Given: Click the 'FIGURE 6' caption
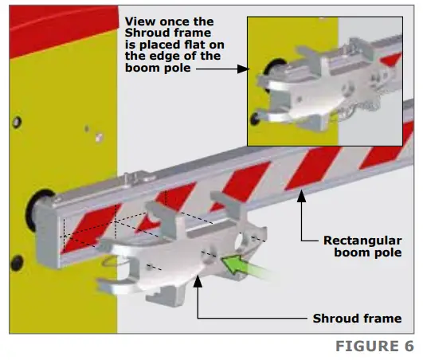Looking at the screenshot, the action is (374, 346).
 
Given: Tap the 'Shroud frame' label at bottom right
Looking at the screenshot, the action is (357, 319).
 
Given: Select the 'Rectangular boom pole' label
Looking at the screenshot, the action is (362, 246).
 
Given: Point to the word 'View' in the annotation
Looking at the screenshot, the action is (139, 22).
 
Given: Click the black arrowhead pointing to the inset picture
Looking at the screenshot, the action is (243, 69).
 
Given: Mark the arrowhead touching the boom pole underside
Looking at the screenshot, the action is (301, 196).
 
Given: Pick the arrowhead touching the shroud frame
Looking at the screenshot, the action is (198, 281).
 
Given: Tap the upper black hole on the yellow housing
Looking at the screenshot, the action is (17, 122).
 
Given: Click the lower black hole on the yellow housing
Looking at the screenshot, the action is (17, 263).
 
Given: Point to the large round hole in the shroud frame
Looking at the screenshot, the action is (240, 241).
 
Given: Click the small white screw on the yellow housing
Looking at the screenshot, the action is (99, 138).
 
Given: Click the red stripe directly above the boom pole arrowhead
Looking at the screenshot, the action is (312, 169).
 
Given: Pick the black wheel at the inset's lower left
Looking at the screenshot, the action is (255, 119).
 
